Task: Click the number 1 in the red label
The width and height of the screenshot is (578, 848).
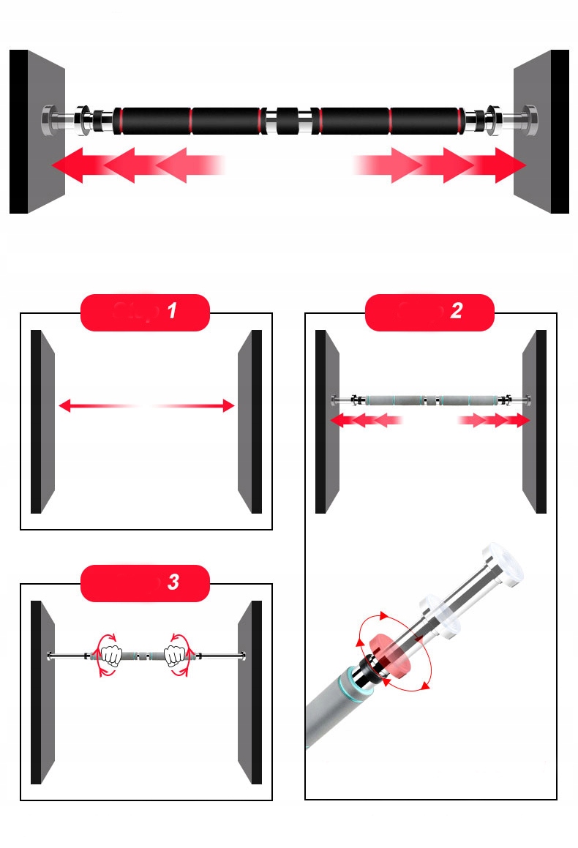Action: [x=172, y=312]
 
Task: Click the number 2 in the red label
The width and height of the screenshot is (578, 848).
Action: [x=457, y=312]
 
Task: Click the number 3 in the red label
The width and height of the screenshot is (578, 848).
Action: [x=173, y=582]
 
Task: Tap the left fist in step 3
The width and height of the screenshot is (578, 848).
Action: [x=110, y=654]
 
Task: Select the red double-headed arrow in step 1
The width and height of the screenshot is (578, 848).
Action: [x=146, y=405]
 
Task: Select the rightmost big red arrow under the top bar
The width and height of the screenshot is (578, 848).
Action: [x=501, y=165]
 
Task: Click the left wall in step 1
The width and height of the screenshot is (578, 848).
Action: [x=42, y=421]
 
